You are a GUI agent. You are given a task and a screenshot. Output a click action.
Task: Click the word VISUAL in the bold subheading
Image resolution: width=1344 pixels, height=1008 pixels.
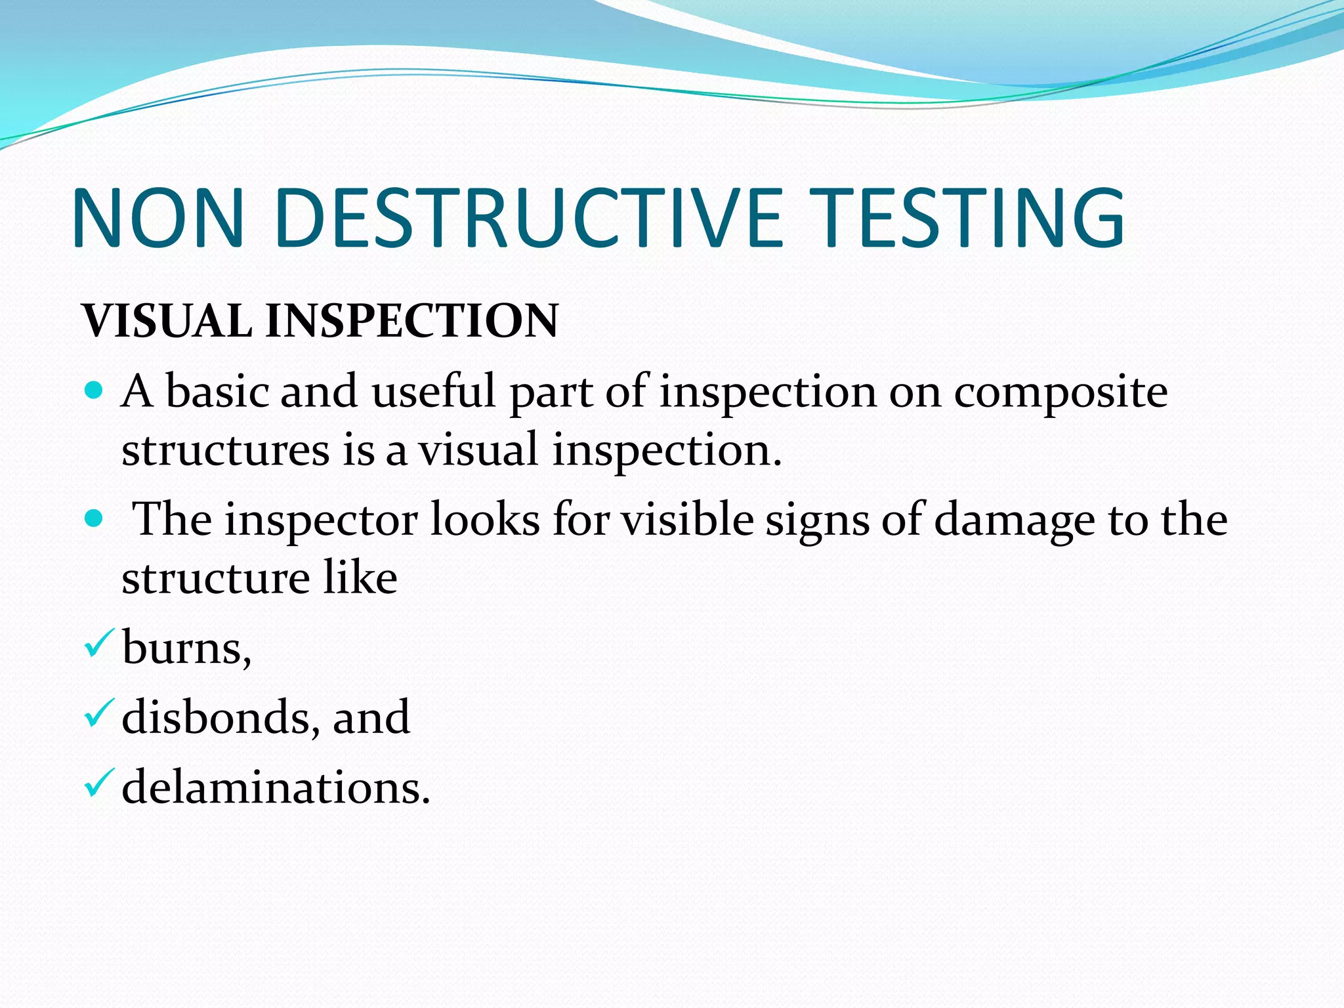tap(167, 321)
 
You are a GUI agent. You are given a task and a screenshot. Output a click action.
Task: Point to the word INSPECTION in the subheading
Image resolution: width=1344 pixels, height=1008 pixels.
tap(411, 321)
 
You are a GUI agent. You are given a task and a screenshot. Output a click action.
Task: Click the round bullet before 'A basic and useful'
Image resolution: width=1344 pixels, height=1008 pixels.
tap(94, 392)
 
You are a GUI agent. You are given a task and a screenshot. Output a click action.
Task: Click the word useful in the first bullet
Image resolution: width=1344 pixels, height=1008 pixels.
tap(434, 392)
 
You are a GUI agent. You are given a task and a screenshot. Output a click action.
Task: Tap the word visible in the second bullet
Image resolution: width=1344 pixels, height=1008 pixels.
tap(688, 520)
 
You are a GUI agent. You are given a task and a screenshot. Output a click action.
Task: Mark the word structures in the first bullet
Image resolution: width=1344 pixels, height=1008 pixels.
tap(225, 451)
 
